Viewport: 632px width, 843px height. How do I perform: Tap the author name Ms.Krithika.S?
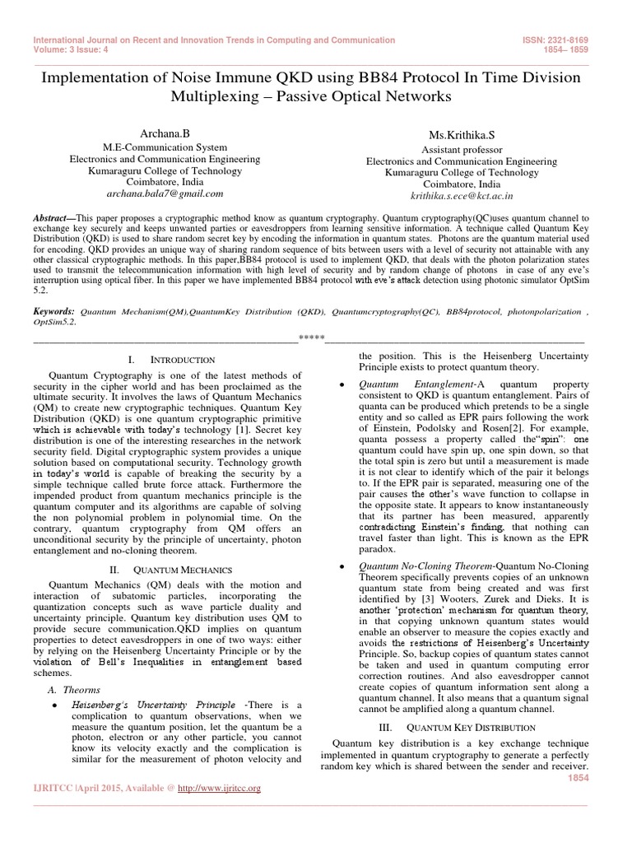tap(460, 135)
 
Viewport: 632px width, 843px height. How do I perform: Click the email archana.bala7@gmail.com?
tap(165, 193)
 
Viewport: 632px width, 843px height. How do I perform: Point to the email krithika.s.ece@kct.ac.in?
tap(461, 197)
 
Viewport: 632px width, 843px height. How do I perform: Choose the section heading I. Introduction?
tap(172, 360)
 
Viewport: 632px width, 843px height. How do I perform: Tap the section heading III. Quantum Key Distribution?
tap(457, 728)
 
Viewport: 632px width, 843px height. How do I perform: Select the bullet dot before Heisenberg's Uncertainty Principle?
tap(53, 706)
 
